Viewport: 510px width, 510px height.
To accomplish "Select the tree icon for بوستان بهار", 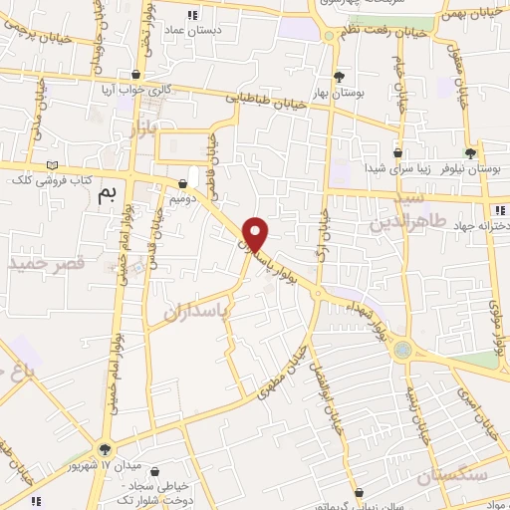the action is pos(339,76).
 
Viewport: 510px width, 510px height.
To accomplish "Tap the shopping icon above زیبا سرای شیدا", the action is pos(397,153).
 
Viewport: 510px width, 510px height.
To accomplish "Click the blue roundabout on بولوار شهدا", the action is pos(402,349).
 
